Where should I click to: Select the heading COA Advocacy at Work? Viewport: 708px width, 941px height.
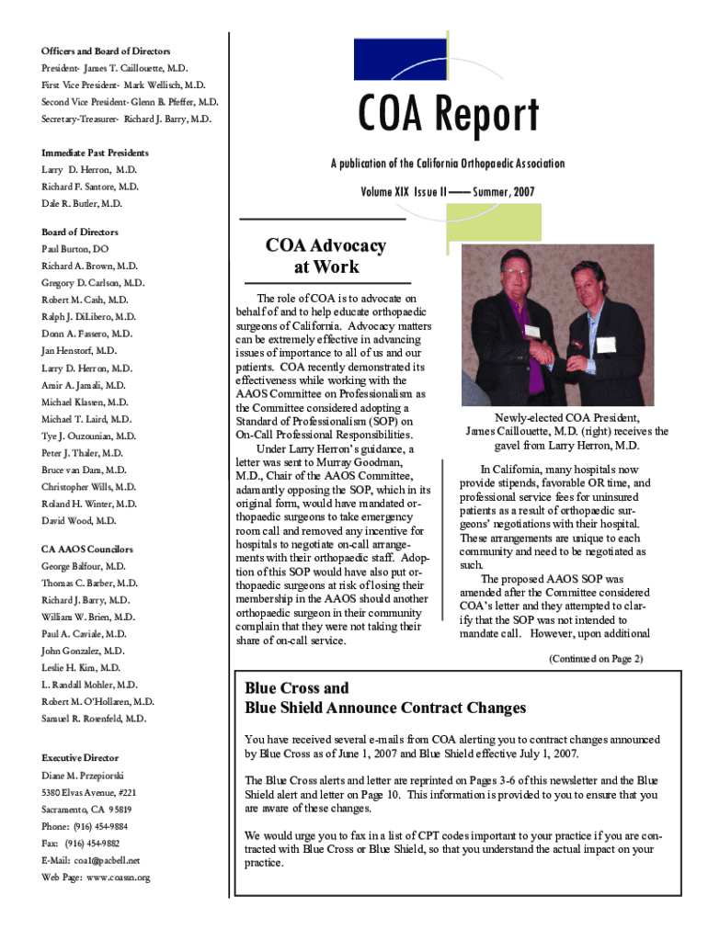325,256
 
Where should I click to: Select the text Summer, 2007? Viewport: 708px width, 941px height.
503,192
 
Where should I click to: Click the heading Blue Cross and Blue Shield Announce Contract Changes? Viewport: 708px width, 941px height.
385,697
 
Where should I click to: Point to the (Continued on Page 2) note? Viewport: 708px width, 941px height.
595,658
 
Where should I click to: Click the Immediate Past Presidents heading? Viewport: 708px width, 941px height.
95,153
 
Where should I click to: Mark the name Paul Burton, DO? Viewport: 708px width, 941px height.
74,249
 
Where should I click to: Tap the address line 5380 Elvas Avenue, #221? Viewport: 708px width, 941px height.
89,792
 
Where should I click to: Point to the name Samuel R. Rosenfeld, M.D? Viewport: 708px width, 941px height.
94,719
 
